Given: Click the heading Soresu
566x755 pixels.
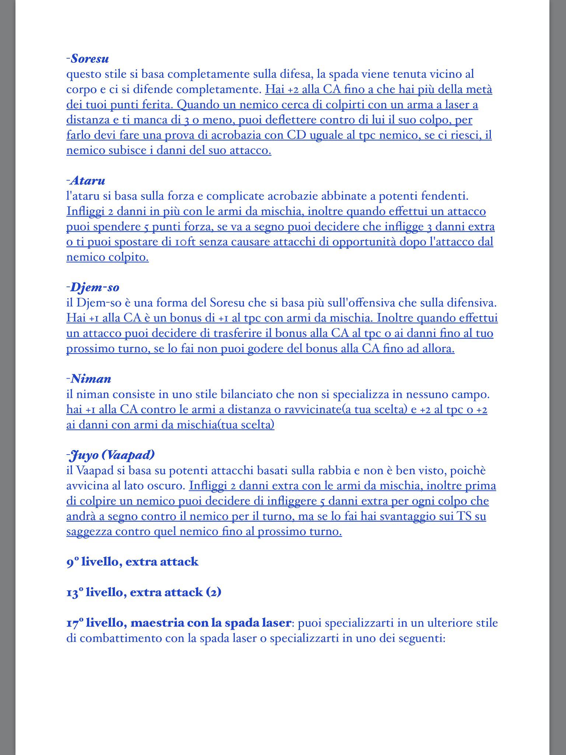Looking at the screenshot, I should [90, 59].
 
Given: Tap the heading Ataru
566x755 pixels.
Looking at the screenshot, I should [88, 181].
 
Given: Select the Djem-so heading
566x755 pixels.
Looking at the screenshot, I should [95, 287].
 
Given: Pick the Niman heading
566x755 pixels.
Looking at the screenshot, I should [91, 379].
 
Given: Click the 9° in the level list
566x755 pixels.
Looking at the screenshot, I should [73, 562].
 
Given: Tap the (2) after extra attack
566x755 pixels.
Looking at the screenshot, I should [213, 592].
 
